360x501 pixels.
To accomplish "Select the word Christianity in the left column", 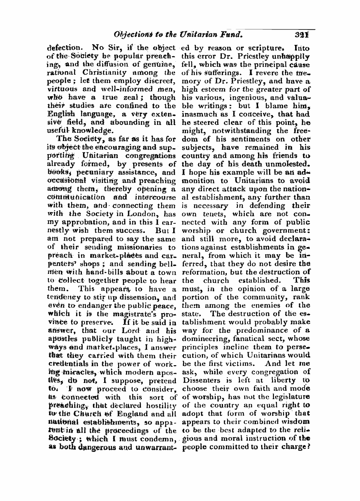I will pos(118,72).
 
